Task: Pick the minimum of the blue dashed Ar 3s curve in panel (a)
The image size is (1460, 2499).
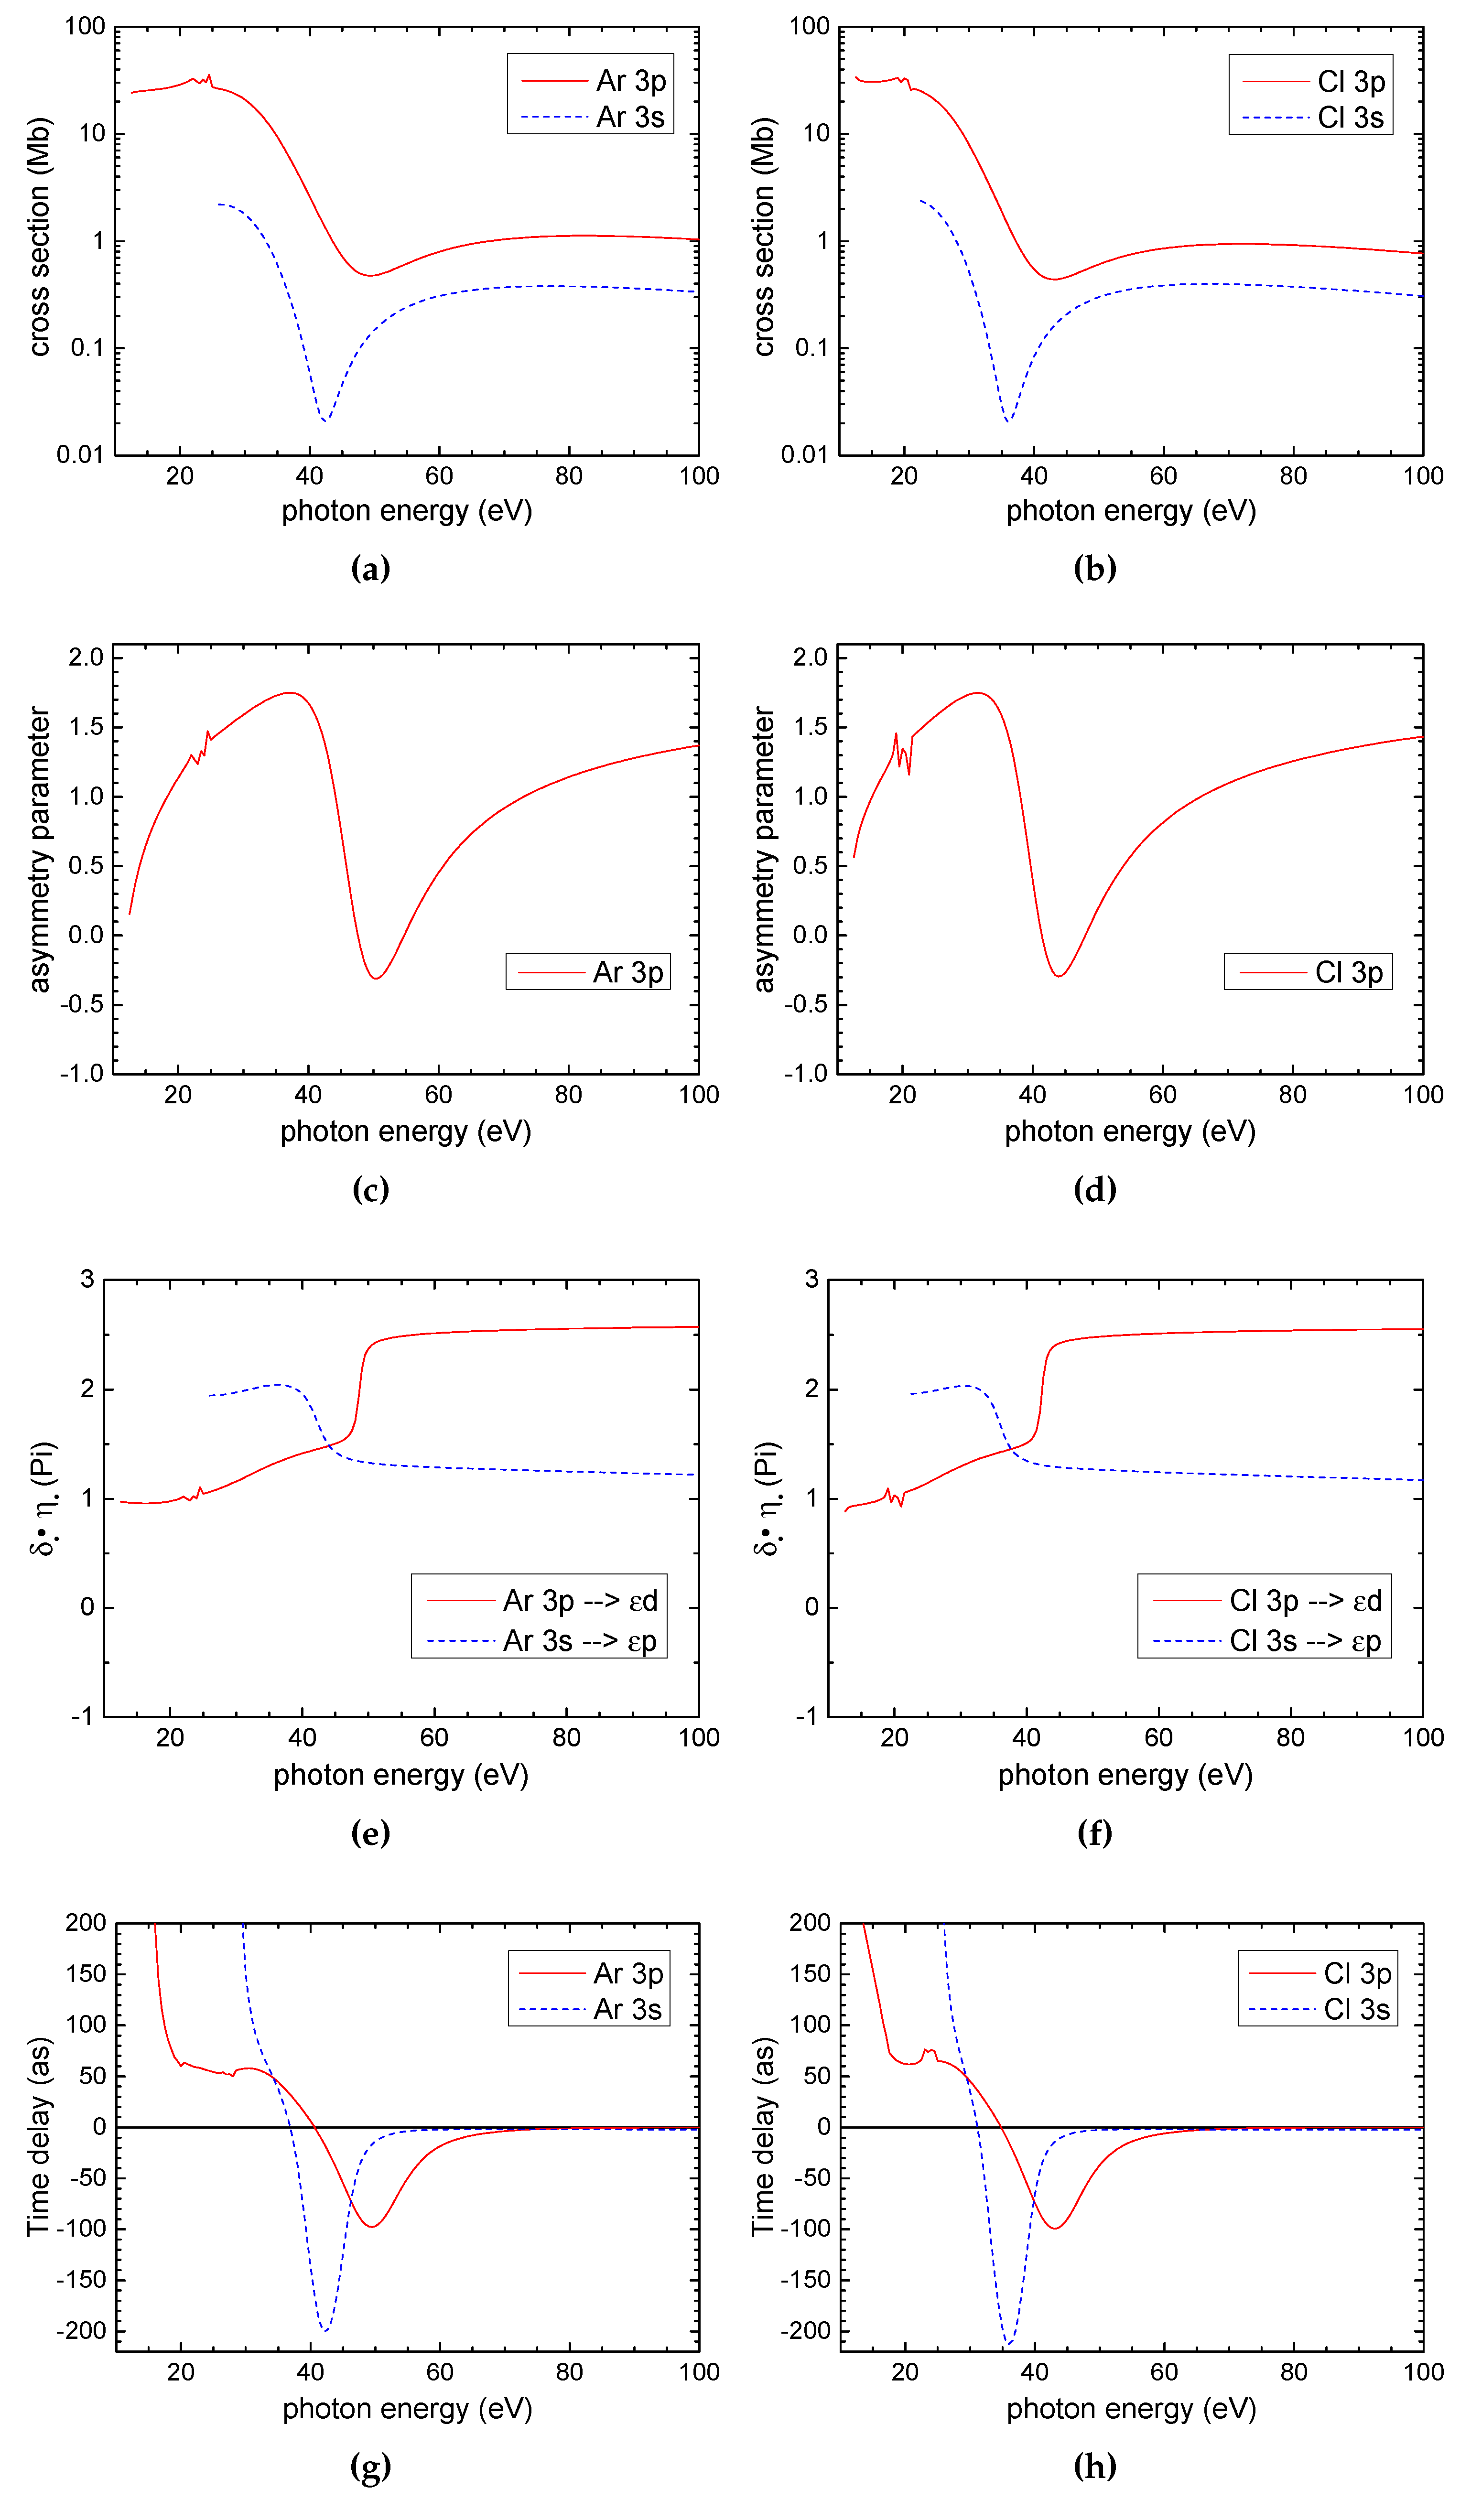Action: tap(324, 420)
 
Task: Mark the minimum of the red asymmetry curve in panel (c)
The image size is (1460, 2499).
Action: tap(376, 979)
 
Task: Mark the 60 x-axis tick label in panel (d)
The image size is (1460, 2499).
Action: tap(1162, 1095)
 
